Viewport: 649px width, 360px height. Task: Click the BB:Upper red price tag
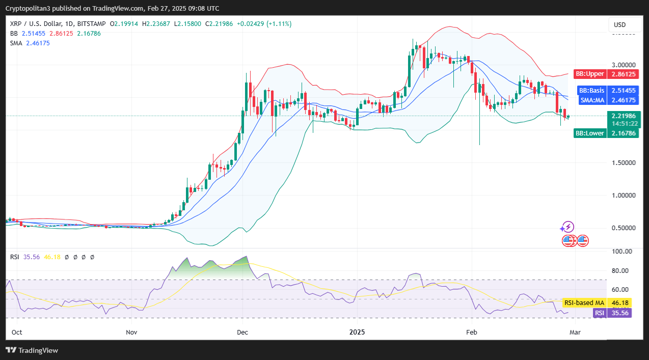[606, 74]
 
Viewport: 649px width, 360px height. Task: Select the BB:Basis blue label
[606, 91]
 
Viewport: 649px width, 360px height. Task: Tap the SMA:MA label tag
[606, 100]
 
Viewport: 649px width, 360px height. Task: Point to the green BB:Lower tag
[606, 133]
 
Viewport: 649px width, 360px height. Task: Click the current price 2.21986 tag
[623, 116]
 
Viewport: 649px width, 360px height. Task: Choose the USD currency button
[619, 25]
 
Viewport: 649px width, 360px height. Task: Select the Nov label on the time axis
[131, 333]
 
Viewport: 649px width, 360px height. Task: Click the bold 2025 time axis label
[358, 333]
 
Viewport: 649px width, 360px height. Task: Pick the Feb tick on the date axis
[471, 333]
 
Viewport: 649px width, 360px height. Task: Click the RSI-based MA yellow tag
[597, 303]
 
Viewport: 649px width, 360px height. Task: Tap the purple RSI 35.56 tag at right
[612, 313]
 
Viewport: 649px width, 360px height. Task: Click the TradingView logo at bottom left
[32, 350]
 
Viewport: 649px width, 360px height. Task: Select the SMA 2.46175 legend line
[30, 43]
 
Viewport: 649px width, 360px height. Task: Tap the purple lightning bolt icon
[567, 227]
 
